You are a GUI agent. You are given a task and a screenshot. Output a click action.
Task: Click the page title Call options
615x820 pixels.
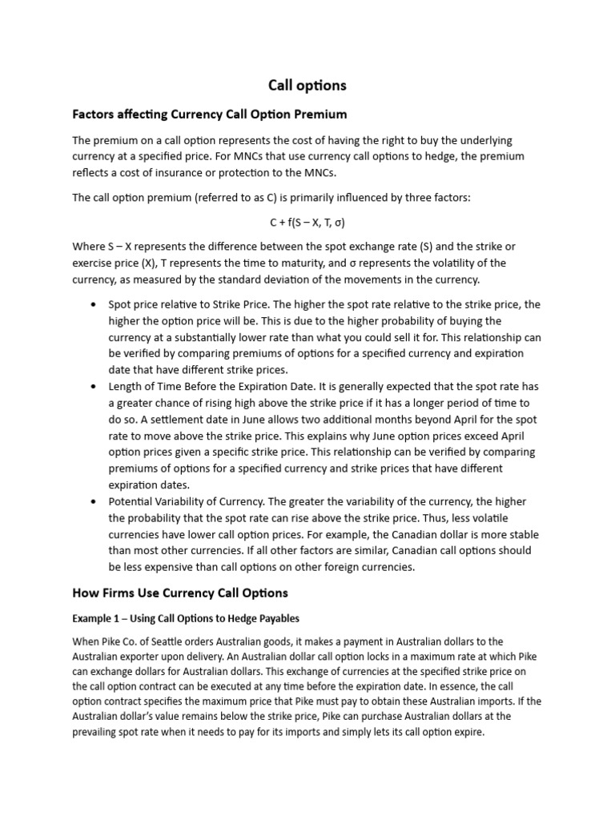[x=307, y=85]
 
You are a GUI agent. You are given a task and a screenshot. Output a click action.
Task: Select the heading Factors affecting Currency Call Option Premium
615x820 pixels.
[x=210, y=115]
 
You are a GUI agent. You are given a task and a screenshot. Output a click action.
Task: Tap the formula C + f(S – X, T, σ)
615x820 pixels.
[x=307, y=223]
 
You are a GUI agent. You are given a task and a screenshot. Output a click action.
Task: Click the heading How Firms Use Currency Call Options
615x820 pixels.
[x=180, y=593]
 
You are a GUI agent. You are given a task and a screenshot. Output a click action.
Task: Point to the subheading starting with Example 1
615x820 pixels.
[x=186, y=618]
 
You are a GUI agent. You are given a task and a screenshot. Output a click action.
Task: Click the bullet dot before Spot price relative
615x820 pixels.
[x=94, y=305]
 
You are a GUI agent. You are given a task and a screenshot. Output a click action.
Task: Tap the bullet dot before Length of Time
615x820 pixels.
[x=94, y=387]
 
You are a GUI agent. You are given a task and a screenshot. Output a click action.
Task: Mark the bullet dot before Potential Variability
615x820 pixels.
[x=94, y=501]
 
